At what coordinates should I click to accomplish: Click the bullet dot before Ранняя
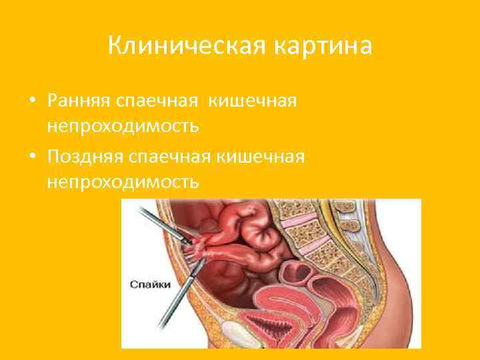point(32,101)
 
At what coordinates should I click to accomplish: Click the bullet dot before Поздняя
point(32,157)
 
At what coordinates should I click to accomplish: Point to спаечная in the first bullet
point(159,101)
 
